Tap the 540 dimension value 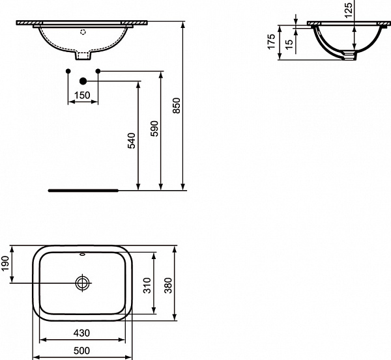131,141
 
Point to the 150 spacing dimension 83,96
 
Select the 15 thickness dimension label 287,44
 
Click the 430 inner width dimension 82,333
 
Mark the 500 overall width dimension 82,351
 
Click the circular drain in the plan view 83,283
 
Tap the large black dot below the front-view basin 83,81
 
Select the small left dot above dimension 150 68,70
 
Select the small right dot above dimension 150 97,70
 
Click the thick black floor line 83,191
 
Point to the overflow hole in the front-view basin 83,31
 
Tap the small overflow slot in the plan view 83,254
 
